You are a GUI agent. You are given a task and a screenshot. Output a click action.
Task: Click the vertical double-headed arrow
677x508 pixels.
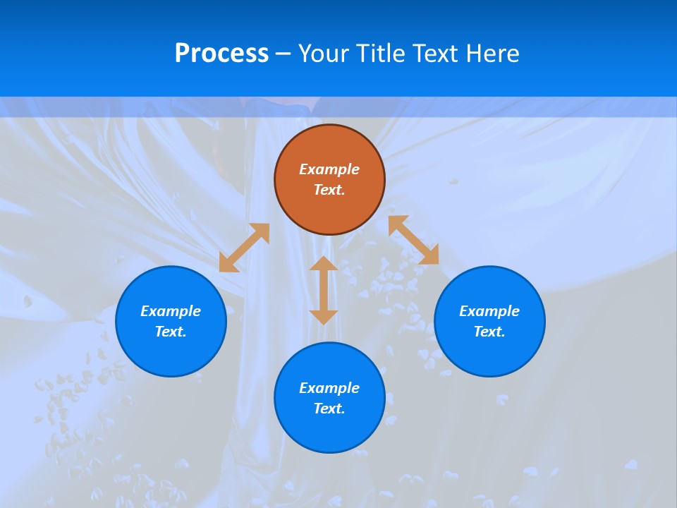[324, 290]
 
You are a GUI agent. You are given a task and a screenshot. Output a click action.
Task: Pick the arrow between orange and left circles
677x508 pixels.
[244, 248]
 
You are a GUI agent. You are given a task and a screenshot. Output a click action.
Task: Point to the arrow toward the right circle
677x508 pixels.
[414, 240]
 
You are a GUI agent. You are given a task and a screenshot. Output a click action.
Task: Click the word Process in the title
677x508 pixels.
[221, 54]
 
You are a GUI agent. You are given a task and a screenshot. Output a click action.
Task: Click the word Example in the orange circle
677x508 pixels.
[329, 169]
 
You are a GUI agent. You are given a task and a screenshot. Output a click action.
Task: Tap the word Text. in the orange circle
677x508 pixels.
[329, 190]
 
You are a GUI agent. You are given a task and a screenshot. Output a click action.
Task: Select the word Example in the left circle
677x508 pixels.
[171, 311]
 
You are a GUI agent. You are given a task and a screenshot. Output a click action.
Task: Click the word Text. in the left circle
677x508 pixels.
[171, 332]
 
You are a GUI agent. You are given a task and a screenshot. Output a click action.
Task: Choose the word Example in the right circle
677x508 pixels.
[489, 311]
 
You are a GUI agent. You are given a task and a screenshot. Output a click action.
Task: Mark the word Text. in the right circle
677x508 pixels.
[489, 332]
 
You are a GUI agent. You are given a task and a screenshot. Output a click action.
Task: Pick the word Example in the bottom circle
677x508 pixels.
[329, 388]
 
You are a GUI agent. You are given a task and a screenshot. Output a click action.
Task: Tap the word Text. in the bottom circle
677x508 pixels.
[329, 409]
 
